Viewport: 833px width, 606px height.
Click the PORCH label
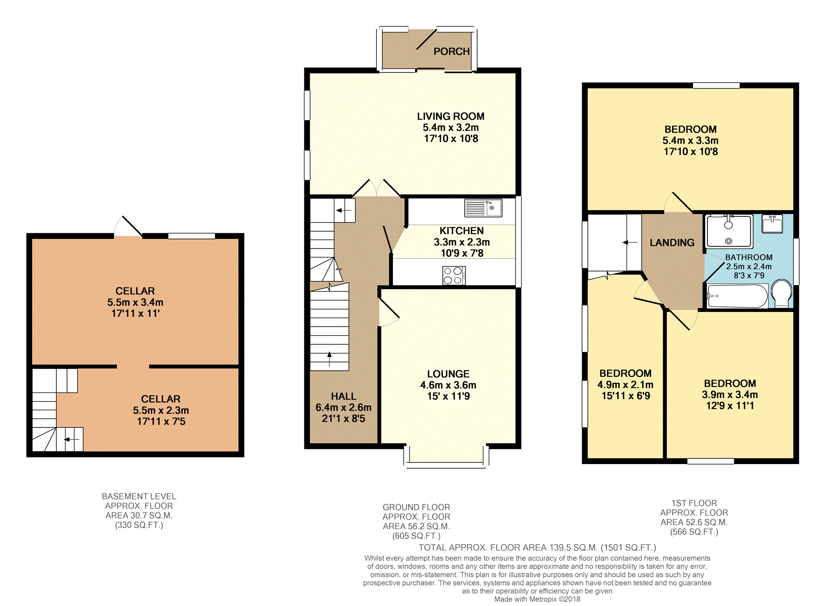pyautogui.click(x=451, y=51)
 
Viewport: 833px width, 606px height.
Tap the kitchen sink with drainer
pyautogui.click(x=483, y=208)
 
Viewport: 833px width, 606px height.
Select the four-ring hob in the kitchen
pyautogui.click(x=454, y=275)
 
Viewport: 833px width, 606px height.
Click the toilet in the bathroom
pyautogui.click(x=781, y=293)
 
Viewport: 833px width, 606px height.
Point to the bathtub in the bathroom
pyautogui.click(x=737, y=296)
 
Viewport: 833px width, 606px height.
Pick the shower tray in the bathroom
pyautogui.click(x=729, y=231)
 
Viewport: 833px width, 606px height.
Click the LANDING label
pyautogui.click(x=672, y=243)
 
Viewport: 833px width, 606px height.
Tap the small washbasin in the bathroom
pyautogui.click(x=772, y=224)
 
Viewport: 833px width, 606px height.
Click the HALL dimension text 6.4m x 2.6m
pyautogui.click(x=343, y=407)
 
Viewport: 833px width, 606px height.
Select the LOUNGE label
pyautogui.click(x=448, y=374)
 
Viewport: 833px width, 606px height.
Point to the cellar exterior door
pyautogui.click(x=128, y=227)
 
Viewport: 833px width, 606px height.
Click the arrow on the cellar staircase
pyautogui.click(x=72, y=439)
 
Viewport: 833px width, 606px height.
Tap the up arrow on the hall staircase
pyautogui.click(x=329, y=359)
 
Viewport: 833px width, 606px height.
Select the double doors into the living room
pyautogui.click(x=376, y=188)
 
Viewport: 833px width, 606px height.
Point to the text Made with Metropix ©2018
pyautogui.click(x=537, y=599)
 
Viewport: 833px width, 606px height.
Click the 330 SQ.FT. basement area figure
pyautogui.click(x=139, y=525)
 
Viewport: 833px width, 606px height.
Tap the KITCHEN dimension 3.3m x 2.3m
pyautogui.click(x=462, y=242)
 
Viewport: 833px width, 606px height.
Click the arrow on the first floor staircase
pyautogui.click(x=630, y=243)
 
